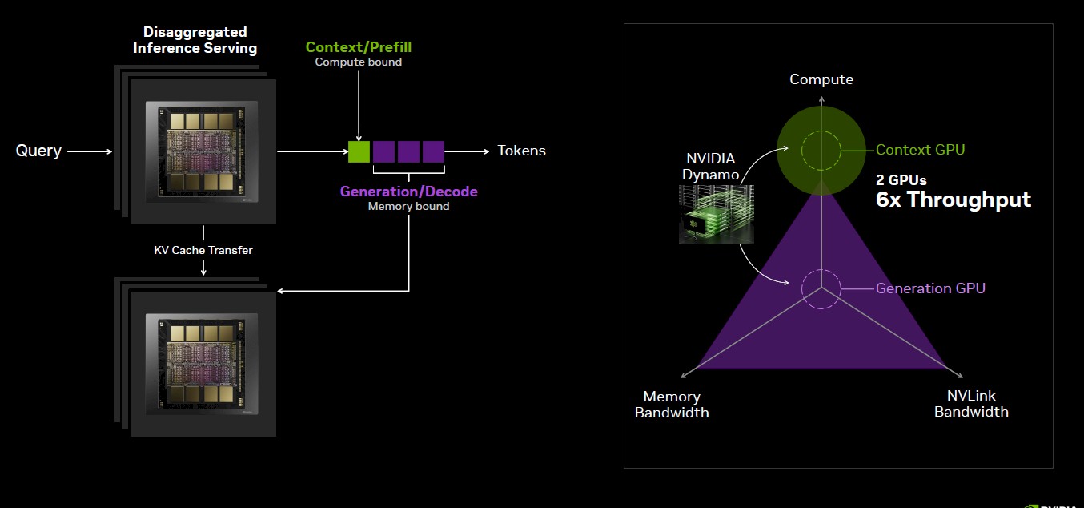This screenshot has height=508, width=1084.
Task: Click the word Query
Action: click(38, 151)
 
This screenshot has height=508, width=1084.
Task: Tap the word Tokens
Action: click(521, 151)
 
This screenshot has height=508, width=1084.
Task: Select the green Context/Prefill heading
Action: click(359, 47)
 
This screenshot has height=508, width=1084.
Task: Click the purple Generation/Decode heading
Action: click(408, 192)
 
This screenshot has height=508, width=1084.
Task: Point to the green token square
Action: click(359, 151)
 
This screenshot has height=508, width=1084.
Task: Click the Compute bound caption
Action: click(359, 62)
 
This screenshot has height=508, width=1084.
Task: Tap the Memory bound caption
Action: click(408, 206)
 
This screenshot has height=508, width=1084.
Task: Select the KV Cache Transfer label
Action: click(203, 250)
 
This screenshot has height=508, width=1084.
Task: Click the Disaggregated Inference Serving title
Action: click(195, 40)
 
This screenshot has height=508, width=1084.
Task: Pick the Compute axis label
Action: click(821, 79)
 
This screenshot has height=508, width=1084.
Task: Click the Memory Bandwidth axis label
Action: click(672, 405)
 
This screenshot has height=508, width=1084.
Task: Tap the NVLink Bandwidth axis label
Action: click(971, 404)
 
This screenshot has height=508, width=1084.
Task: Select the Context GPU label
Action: click(920, 150)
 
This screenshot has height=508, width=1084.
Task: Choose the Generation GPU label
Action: click(930, 288)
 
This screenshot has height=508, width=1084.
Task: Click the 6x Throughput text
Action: click(954, 200)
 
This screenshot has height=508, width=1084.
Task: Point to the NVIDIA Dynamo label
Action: click(711, 167)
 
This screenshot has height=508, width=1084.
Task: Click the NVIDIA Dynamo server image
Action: click(716, 214)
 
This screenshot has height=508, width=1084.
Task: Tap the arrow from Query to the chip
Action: click(90, 151)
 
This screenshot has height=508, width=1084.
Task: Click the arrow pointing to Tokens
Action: click(468, 151)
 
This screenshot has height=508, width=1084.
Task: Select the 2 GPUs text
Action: click(901, 180)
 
